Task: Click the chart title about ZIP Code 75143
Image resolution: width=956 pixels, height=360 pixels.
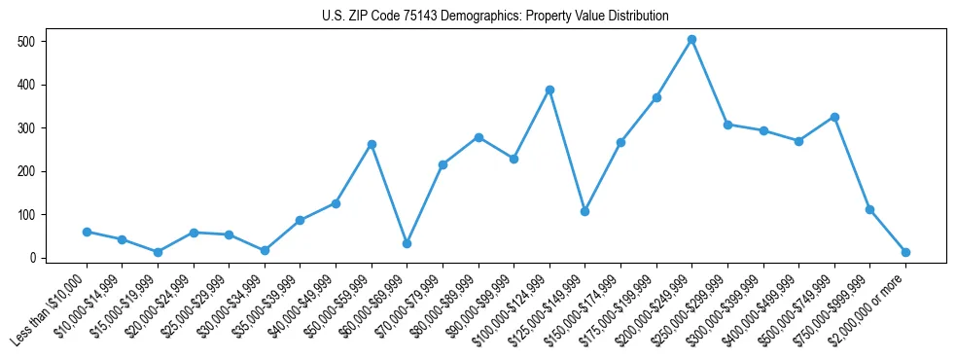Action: [x=495, y=17]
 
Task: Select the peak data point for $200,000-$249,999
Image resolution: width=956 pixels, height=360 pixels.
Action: [x=691, y=40]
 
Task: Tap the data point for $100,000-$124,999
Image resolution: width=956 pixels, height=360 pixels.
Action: [x=549, y=90]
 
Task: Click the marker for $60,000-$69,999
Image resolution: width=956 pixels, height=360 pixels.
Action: [x=407, y=243]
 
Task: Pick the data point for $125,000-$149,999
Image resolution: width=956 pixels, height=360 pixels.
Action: [x=584, y=211]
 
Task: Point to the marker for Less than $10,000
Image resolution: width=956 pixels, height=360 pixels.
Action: [x=87, y=232]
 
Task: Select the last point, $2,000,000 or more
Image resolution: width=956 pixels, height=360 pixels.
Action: [x=905, y=252]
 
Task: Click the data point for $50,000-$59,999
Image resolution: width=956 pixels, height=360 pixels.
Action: [x=372, y=144]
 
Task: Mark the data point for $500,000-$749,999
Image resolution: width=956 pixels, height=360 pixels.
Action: [x=834, y=117]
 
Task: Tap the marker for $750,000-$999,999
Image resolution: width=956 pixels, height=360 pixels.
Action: [x=869, y=209]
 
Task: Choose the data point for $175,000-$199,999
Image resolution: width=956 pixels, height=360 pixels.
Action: [x=656, y=97]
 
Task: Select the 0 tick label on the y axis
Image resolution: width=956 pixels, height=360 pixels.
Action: [x=34, y=258]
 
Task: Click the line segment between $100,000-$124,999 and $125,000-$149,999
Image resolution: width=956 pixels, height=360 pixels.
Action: [x=567, y=151]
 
